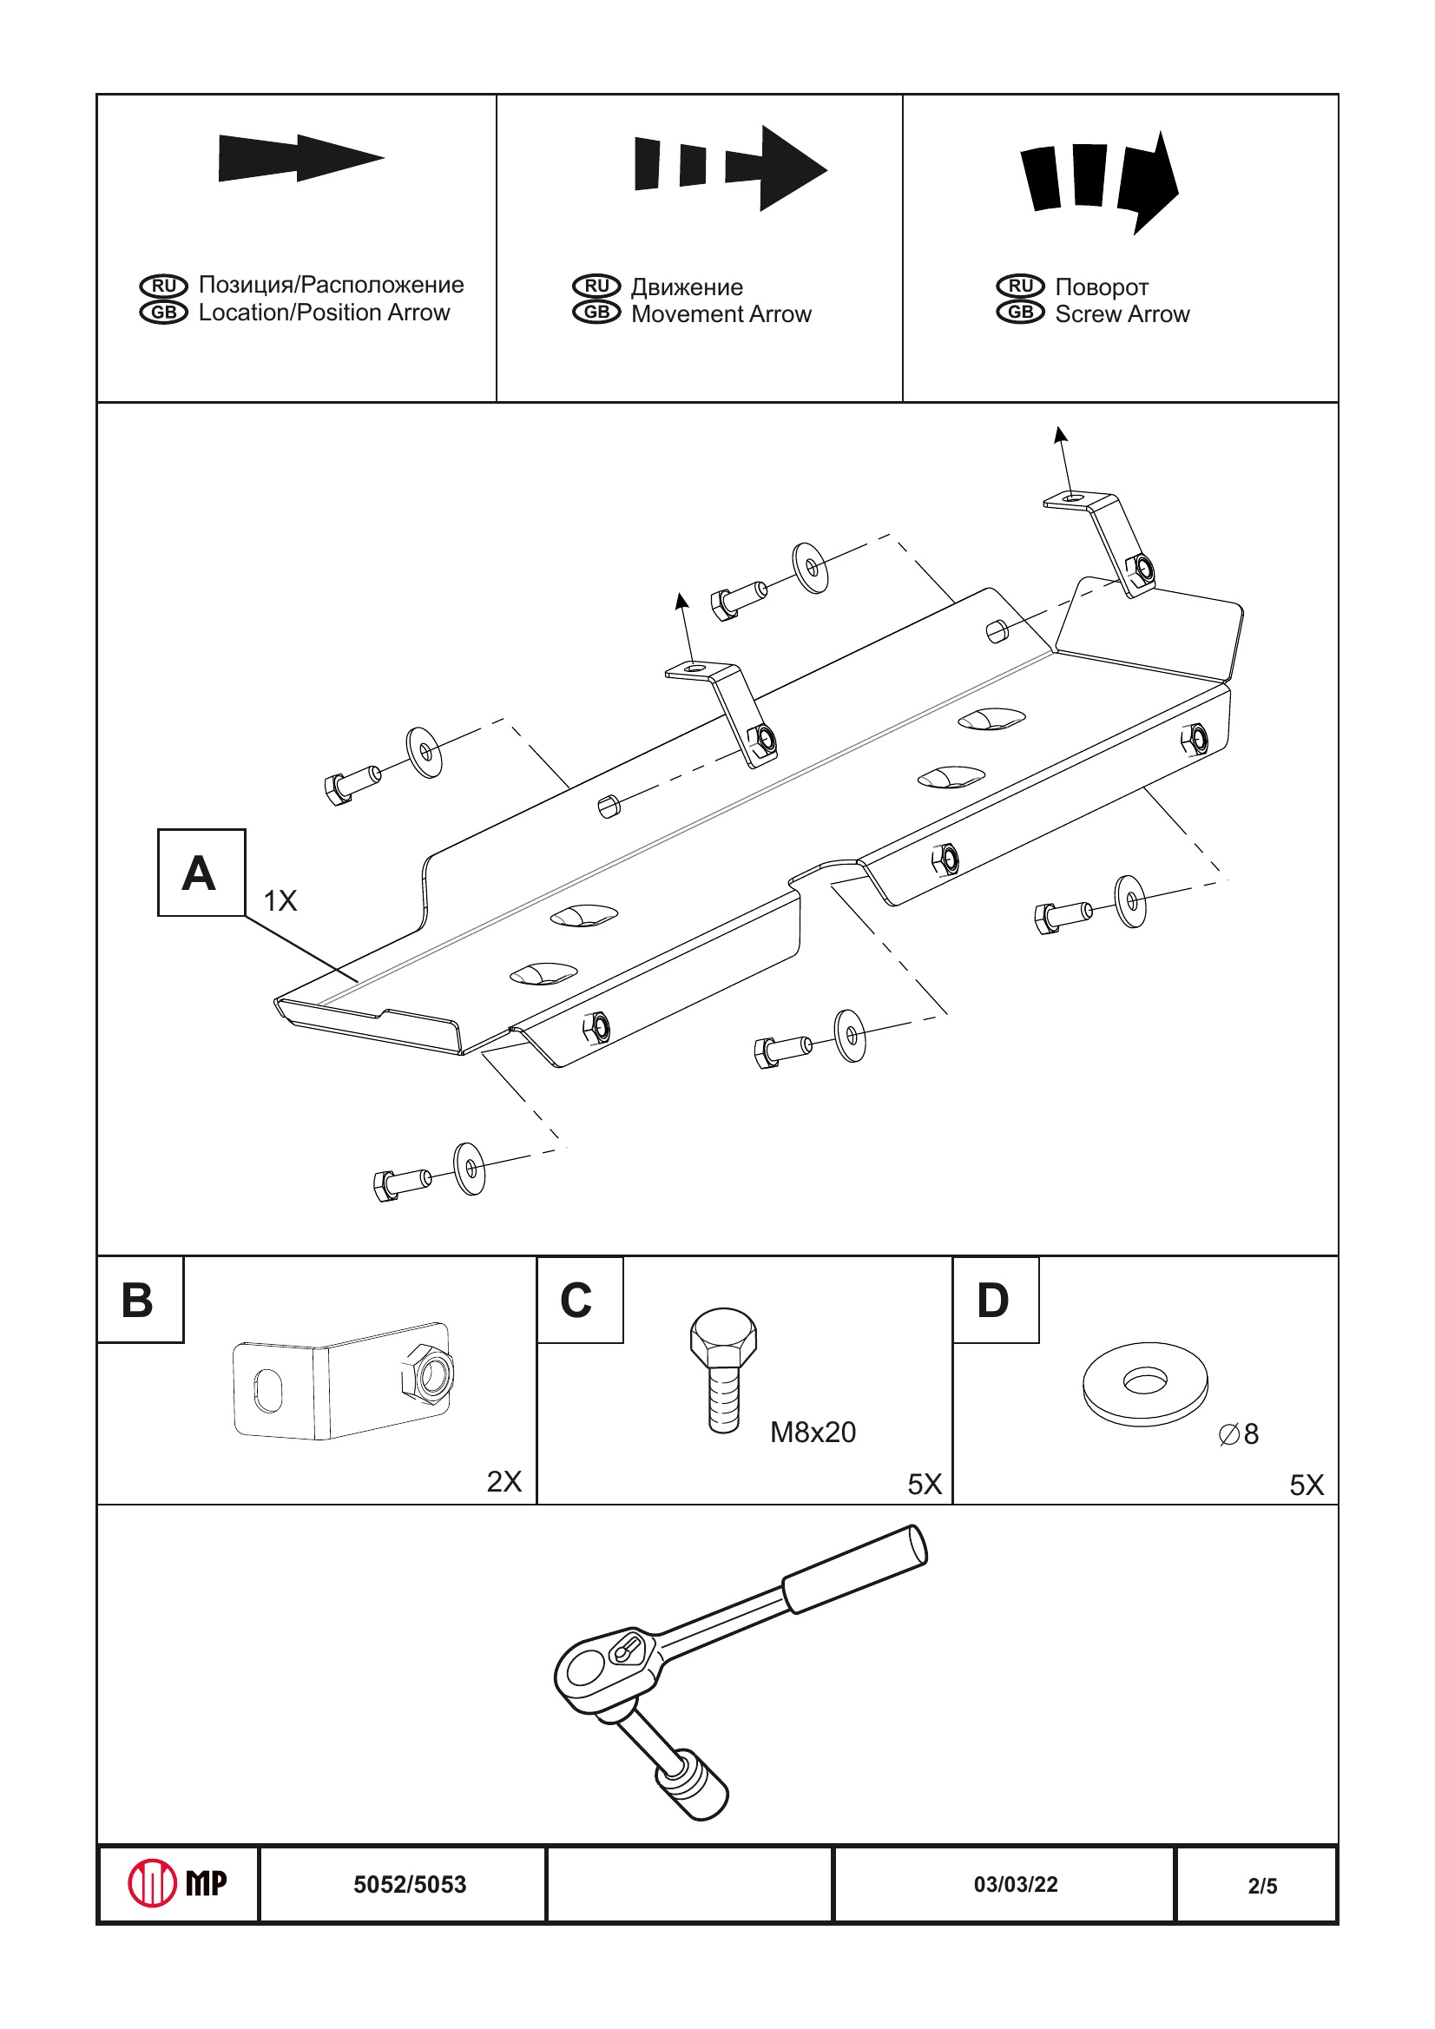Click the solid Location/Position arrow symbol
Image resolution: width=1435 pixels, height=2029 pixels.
(x=300, y=158)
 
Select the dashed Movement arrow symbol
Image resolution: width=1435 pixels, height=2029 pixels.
(x=730, y=168)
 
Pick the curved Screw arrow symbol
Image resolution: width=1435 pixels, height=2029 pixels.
(x=1098, y=181)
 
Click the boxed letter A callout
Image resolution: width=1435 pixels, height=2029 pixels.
(x=201, y=873)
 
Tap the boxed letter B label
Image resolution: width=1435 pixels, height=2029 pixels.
(x=139, y=1300)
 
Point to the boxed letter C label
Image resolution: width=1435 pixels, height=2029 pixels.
(x=578, y=1300)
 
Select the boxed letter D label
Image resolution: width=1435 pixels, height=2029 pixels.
(x=994, y=1300)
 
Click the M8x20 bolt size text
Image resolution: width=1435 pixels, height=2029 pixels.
(x=812, y=1433)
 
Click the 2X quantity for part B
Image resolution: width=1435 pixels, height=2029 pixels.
(x=504, y=1482)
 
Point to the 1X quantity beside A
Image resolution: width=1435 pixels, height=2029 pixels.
(x=280, y=900)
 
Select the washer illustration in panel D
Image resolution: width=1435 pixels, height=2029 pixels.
(x=1144, y=1384)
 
